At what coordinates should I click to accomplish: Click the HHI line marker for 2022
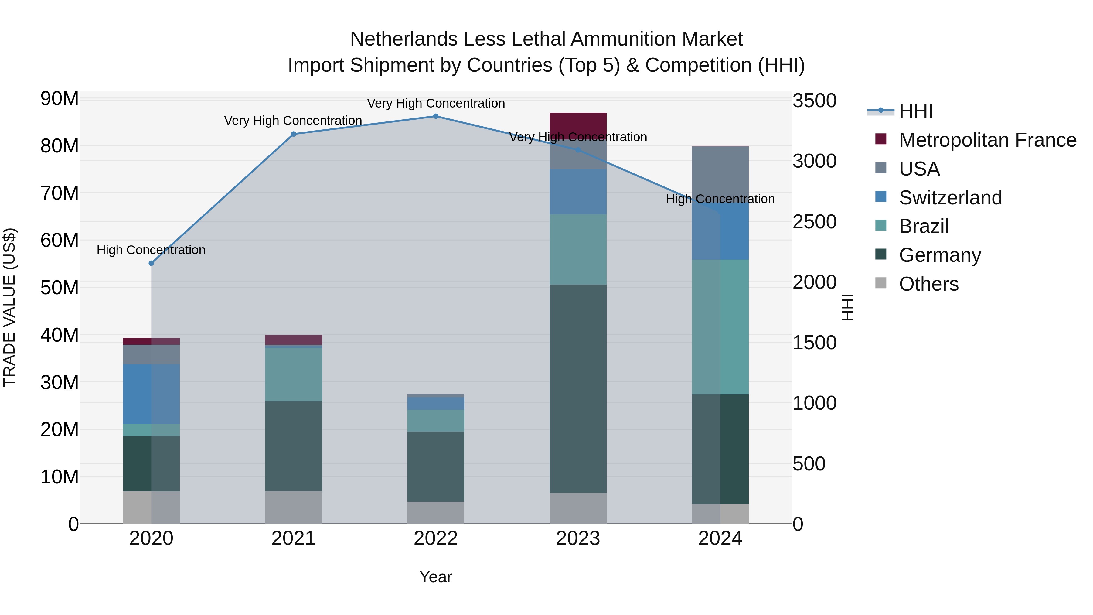pos(435,116)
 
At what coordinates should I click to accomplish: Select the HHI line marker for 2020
pos(151,263)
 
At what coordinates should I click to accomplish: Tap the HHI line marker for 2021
pos(293,134)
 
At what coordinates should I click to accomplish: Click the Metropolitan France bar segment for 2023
pos(577,126)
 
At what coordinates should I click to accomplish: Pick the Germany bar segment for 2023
pos(577,388)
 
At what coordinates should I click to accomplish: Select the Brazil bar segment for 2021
pos(293,374)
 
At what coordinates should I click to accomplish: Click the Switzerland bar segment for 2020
pos(151,394)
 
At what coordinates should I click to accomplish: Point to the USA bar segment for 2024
pos(720,172)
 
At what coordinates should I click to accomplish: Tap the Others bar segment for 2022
pos(435,513)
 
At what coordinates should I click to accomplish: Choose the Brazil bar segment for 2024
pos(720,327)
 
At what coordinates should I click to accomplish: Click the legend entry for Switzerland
pos(950,198)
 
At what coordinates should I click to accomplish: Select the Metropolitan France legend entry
pos(987,140)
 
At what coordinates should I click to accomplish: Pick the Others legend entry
pos(928,284)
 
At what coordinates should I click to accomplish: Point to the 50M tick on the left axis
pos(60,288)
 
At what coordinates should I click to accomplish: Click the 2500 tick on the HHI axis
pos(814,222)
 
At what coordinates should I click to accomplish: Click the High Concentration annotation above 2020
pos(151,250)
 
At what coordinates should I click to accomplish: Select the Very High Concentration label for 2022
pos(436,104)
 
